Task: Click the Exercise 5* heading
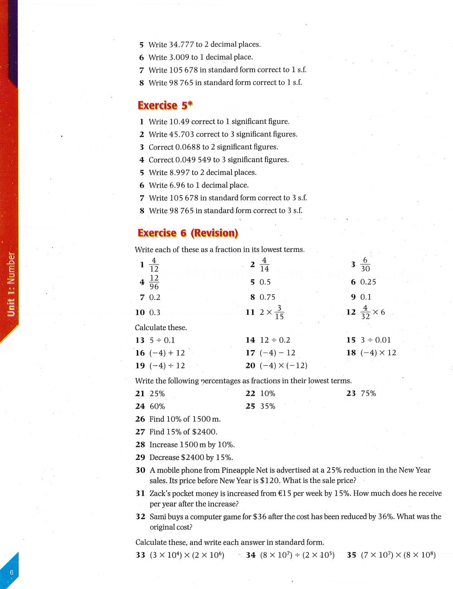[165, 106]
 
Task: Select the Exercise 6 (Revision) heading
[188, 233]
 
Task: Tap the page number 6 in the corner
[12, 572]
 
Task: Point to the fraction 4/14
[265, 265]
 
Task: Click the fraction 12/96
[154, 282]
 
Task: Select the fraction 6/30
[365, 265]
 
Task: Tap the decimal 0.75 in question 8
[267, 297]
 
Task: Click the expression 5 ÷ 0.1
[162, 340]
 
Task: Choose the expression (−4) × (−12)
[284, 366]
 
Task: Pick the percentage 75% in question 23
[368, 394]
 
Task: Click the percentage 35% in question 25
[267, 406]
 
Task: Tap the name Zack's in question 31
[161, 493]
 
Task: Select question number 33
[140, 555]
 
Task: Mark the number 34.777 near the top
[181, 44]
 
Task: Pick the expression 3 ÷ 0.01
[376, 340]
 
